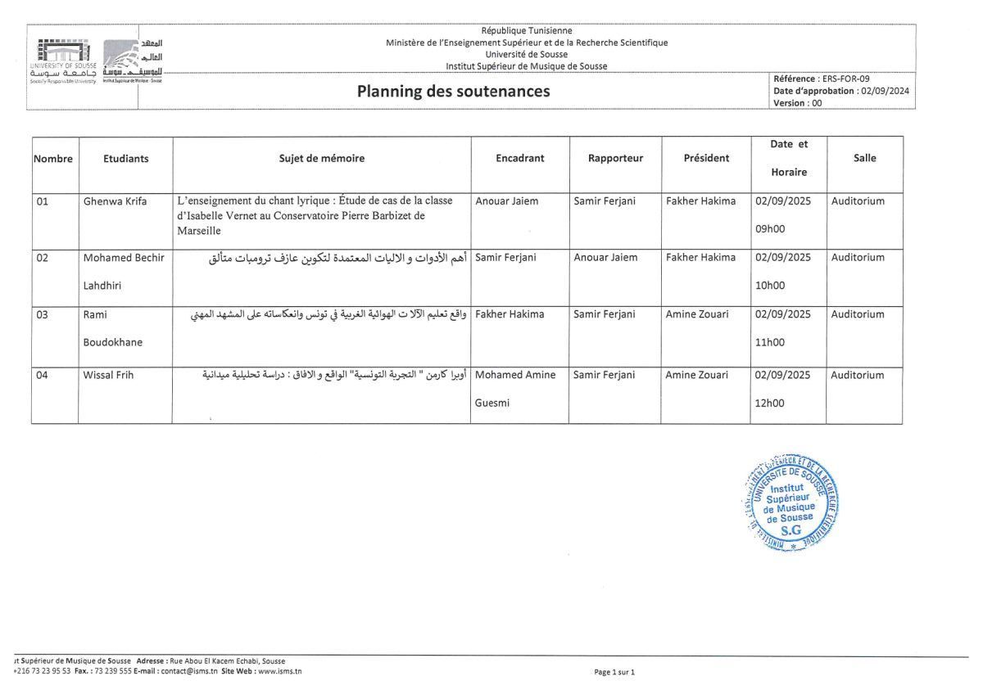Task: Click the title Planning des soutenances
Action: [453, 92]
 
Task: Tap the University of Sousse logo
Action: [63, 61]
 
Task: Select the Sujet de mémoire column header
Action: [322, 159]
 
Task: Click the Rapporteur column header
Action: [615, 159]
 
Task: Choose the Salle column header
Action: [864, 159]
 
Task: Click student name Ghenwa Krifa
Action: [115, 201]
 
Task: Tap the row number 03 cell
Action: [43, 314]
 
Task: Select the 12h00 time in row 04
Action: [769, 403]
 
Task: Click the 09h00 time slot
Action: [769, 230]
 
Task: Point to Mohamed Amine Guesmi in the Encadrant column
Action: [514, 389]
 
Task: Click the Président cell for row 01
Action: [700, 201]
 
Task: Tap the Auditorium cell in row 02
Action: [858, 258]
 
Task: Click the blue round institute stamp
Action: [791, 502]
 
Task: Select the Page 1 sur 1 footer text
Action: [614, 672]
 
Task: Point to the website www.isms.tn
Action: [280, 671]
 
